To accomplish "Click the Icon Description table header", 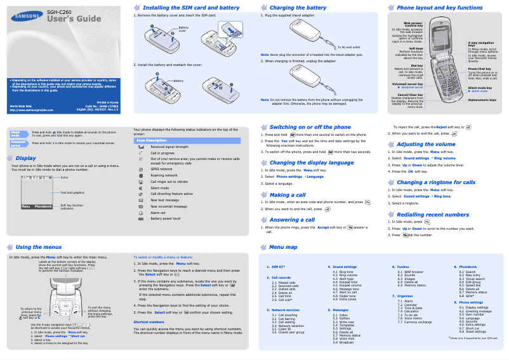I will (x=152, y=140).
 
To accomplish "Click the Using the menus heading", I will (x=39, y=246).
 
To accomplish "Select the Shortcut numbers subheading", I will (x=149, y=322).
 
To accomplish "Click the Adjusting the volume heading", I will (x=426, y=144).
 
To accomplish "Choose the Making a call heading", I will (x=288, y=195).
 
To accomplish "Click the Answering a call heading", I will (x=292, y=220).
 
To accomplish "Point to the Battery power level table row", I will (x=166, y=218).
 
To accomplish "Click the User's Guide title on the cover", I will (x=74, y=19).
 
